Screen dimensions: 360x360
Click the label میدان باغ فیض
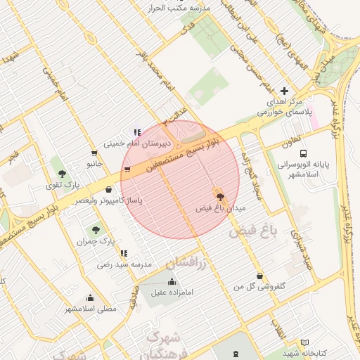tap(220, 209)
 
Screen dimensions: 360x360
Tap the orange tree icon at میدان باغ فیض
tap(220, 197)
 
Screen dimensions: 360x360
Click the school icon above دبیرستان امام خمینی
tap(137, 131)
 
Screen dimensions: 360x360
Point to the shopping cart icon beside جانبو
tap(94, 153)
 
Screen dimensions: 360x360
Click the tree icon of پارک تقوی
tap(62, 174)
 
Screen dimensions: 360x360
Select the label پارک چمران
tap(96, 241)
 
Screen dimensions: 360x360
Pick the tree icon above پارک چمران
tap(96, 229)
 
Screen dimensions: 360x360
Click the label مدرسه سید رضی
tap(124, 265)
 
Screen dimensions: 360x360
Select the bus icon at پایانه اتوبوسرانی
tap(302, 153)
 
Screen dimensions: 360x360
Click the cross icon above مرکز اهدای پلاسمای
tap(284, 91)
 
